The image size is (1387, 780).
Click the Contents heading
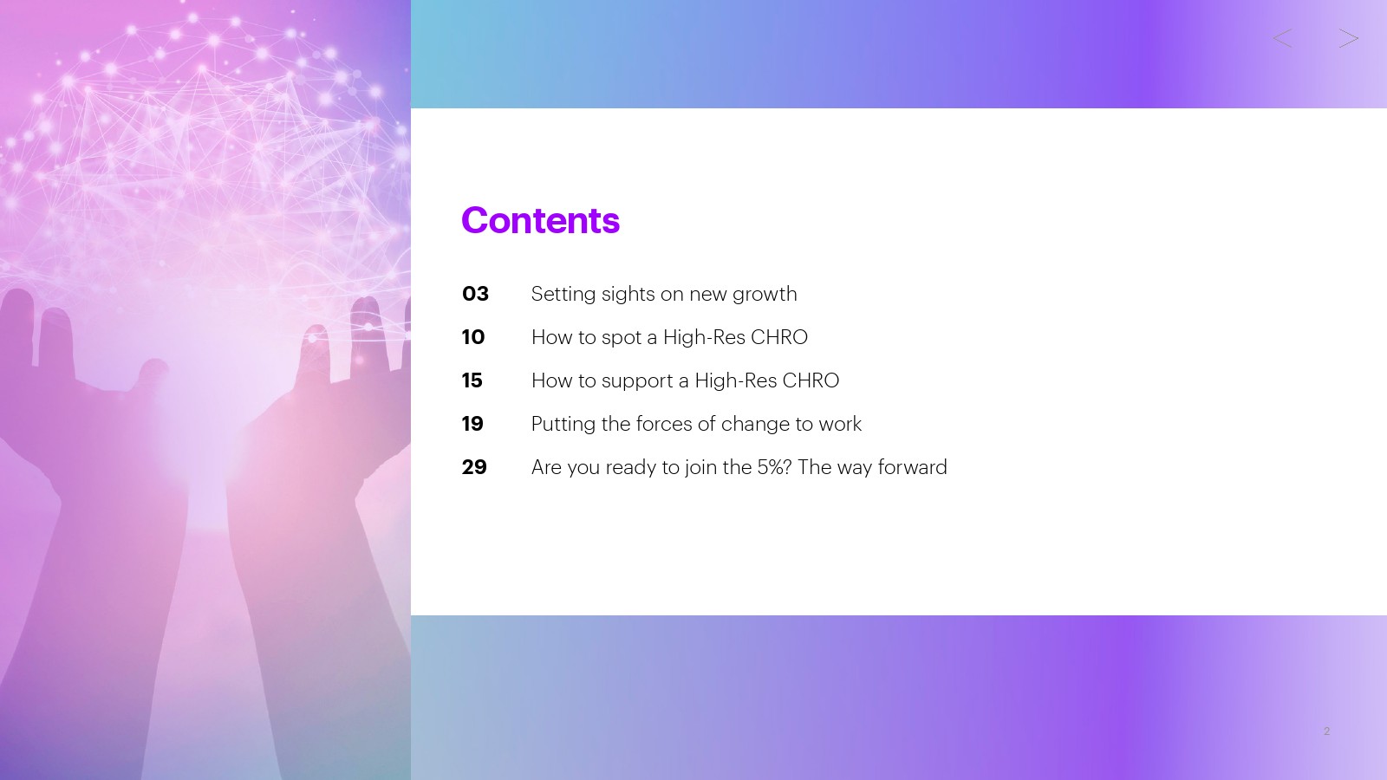pos(540,220)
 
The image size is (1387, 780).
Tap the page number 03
pos(475,294)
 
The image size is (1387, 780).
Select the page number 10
pos(473,337)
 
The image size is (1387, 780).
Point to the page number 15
pos(472,380)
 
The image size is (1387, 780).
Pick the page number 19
pos(472,424)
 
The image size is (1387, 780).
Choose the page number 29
pos(474,467)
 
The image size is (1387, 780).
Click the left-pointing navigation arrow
pos(1282,38)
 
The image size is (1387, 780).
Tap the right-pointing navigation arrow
pos(1349,38)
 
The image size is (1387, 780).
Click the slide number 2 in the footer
pos(1326,731)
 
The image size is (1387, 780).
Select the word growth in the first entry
pos(765,295)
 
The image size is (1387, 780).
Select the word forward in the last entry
pos(912,467)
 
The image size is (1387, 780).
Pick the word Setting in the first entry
pos(563,295)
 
